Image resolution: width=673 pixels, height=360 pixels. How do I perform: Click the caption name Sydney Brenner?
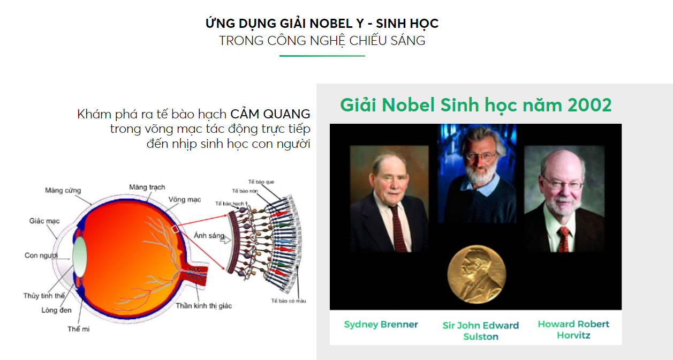point(381,325)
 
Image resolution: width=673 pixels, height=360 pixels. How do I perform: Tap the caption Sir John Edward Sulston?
point(481,331)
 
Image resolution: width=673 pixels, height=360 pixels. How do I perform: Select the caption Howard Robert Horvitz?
point(573,329)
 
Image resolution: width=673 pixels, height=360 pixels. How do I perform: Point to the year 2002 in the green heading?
point(589,105)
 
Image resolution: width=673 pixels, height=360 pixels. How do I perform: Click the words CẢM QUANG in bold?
point(270,114)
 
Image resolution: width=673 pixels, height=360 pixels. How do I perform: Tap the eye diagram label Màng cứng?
point(63,191)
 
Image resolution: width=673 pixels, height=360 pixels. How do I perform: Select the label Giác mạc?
point(44,221)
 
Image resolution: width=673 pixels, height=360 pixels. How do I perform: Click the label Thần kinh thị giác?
point(203,306)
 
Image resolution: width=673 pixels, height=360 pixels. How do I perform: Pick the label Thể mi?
point(78,329)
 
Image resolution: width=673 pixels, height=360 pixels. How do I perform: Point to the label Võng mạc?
point(185,200)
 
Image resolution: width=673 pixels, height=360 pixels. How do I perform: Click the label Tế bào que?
point(261,182)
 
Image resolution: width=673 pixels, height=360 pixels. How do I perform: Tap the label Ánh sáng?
point(209,235)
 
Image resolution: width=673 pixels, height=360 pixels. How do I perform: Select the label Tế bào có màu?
point(289,301)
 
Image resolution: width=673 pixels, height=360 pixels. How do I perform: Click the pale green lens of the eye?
point(80,257)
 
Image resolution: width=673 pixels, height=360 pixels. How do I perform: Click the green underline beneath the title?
point(322,56)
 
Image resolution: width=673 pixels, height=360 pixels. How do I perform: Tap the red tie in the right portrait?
point(563,239)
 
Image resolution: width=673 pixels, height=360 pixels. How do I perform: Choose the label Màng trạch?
point(147,187)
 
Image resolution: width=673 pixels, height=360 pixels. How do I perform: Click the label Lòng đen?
point(56,310)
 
